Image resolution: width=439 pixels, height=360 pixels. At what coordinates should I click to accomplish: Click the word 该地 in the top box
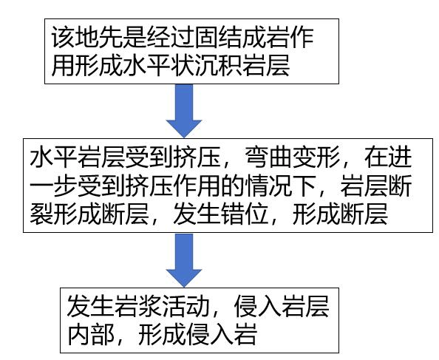(x=75, y=38)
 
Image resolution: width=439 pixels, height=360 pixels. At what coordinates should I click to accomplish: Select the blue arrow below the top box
(x=184, y=111)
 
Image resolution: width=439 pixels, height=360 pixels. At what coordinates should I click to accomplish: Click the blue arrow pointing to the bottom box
(x=184, y=260)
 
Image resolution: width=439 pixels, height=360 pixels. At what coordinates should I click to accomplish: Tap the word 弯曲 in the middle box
(x=268, y=157)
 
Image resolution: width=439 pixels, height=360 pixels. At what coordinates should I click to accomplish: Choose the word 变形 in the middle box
(x=316, y=157)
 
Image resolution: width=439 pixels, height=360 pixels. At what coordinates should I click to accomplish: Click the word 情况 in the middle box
(x=268, y=186)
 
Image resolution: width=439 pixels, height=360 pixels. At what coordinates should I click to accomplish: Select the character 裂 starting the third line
(x=41, y=214)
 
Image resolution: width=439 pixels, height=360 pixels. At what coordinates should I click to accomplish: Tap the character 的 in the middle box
(x=233, y=186)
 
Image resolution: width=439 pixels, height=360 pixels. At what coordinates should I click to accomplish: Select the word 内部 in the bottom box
(x=90, y=335)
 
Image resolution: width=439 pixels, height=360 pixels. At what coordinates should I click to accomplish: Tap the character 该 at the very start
(x=63, y=38)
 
